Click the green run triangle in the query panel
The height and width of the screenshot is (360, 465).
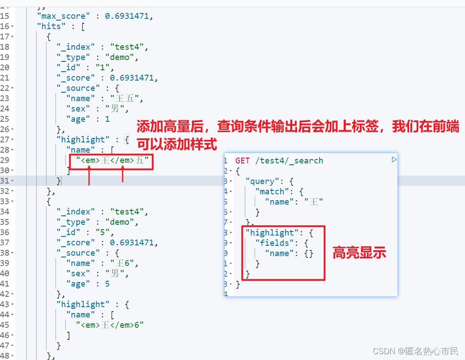pyautogui.click(x=394, y=159)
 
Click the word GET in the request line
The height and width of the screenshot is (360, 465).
pyautogui.click(x=243, y=160)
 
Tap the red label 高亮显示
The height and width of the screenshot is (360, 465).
pyautogui.click(x=359, y=253)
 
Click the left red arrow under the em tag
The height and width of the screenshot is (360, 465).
pyautogui.click(x=90, y=176)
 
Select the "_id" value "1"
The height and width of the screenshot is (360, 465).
pyautogui.click(x=107, y=68)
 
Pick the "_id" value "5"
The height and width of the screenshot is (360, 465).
pyautogui.click(x=107, y=232)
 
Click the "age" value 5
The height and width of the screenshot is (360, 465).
pyautogui.click(x=107, y=284)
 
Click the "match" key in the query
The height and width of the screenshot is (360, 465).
pyautogui.click(x=272, y=192)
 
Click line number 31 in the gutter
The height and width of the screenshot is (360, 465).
pyautogui.click(x=5, y=181)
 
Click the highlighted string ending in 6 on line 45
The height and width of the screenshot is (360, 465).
pyautogui.click(x=110, y=325)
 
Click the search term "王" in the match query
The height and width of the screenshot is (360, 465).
pyautogui.click(x=314, y=202)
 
